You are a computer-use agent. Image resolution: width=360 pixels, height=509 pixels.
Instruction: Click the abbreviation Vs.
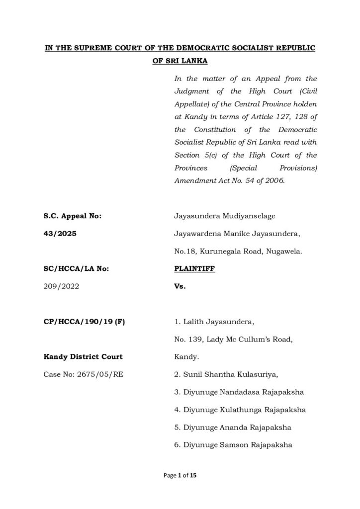point(180,286)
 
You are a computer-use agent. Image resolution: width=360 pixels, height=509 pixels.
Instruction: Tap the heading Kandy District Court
point(80,357)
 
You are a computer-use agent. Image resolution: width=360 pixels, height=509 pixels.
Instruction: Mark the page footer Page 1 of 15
point(180,476)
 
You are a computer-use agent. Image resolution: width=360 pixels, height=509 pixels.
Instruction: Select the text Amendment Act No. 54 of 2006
point(230,181)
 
